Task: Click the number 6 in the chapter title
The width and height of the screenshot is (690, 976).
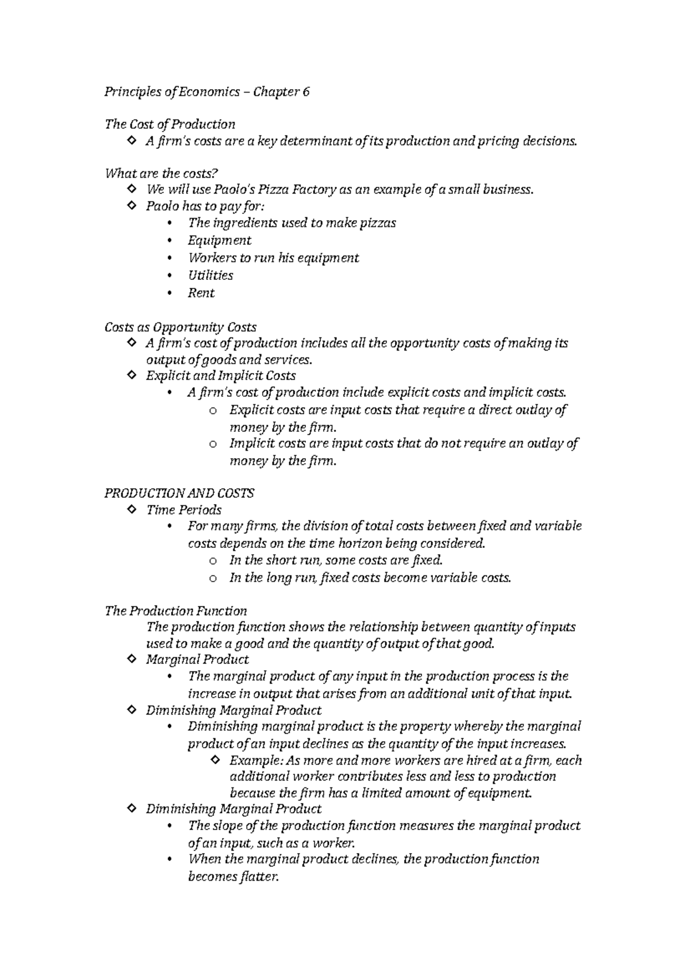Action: [306, 92]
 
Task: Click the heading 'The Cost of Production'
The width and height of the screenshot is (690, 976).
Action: [170, 125]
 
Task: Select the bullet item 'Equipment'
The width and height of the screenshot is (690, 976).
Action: [220, 240]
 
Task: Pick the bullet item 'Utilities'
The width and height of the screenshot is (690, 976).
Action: [210, 275]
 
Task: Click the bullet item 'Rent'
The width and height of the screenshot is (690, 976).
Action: [201, 293]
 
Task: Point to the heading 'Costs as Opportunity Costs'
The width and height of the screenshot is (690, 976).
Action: [180, 327]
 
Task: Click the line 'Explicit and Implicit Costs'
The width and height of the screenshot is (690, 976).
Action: [221, 376]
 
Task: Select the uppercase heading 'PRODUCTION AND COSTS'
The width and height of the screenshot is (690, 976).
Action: [179, 493]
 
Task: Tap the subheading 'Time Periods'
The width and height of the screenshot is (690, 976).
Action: [184, 510]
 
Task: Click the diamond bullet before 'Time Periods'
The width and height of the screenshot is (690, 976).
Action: [131, 509]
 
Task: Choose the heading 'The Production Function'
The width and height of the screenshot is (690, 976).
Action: [175, 611]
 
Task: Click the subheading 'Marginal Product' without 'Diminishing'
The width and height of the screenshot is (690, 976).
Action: [197, 660]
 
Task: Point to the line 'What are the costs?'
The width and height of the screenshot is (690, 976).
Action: [162, 174]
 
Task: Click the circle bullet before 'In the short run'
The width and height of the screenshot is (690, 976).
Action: [213, 561]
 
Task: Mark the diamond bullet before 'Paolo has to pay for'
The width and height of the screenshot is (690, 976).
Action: [131, 206]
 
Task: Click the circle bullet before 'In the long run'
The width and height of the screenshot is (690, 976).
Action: [213, 579]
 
